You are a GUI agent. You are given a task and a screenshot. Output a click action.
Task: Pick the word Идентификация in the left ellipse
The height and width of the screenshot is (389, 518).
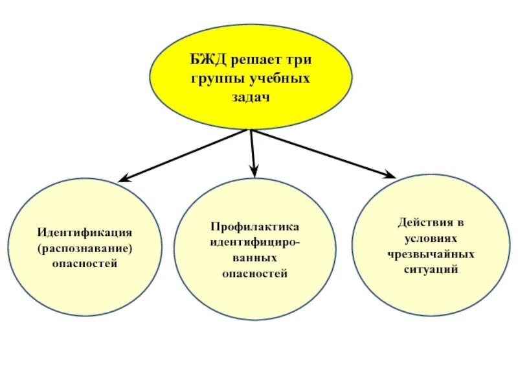pos(85,232)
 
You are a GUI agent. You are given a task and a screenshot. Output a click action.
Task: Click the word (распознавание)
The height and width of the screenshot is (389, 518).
pos(85,248)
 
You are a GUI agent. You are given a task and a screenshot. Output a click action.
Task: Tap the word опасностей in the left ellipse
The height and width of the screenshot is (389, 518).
pos(85,264)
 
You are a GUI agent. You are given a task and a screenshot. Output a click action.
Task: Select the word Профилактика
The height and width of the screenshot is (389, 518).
pos(254,227)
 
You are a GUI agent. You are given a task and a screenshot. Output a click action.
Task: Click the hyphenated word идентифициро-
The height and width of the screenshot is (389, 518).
pos(254,242)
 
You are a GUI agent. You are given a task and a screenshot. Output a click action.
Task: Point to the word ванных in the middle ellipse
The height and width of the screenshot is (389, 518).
pos(254,258)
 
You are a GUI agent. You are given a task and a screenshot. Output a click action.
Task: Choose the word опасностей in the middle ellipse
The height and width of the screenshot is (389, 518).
pos(254,274)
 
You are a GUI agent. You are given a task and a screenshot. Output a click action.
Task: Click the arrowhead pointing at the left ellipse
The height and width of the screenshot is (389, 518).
pos(122,179)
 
